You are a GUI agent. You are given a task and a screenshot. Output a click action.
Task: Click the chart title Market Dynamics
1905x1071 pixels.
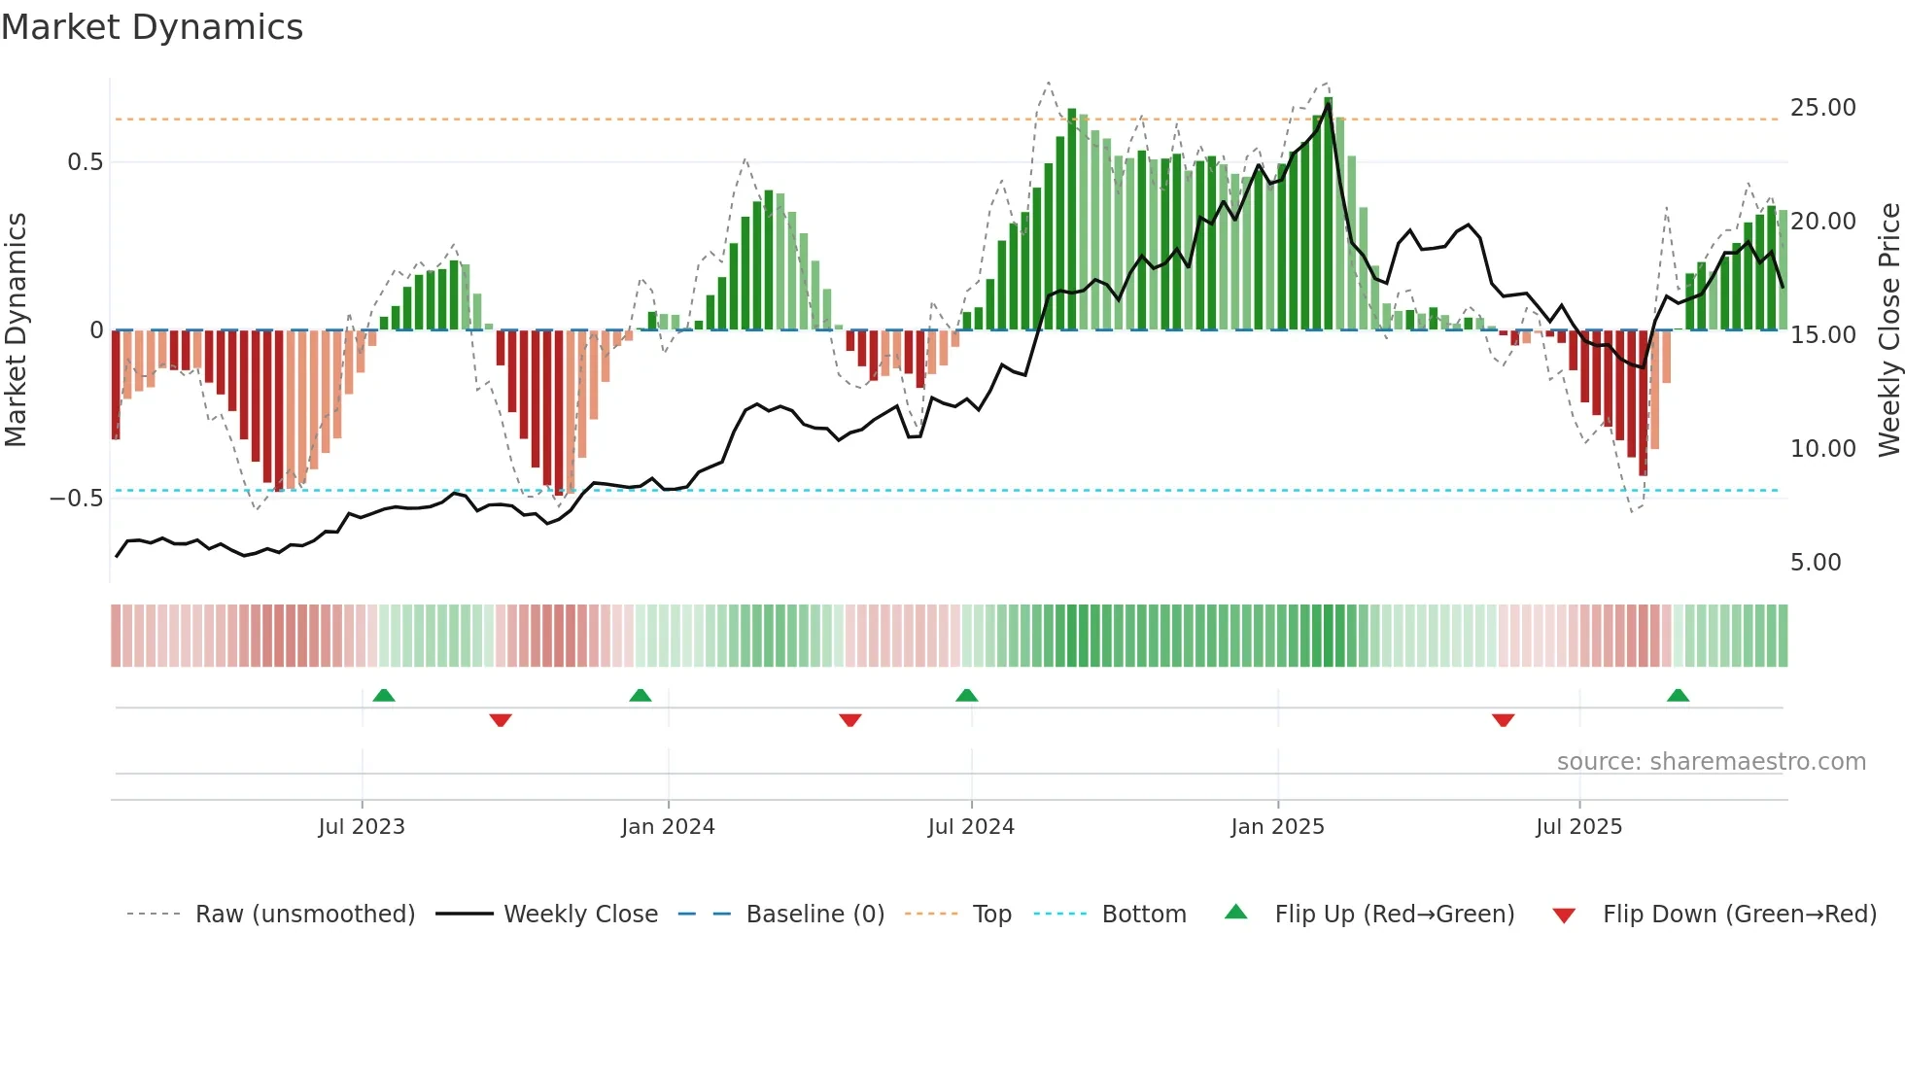(153, 27)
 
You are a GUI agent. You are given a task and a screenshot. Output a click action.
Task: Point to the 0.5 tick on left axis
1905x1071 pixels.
(85, 162)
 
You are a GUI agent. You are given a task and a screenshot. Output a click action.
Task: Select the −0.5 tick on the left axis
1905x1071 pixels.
(77, 499)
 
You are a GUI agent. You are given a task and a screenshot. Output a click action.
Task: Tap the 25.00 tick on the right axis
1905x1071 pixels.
(1822, 108)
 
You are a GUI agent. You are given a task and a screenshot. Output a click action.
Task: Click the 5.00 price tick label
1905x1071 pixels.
(1815, 563)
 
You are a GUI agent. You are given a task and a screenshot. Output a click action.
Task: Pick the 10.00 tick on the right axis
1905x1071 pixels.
(1822, 449)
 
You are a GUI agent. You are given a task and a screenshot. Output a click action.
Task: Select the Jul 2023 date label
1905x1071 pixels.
(361, 827)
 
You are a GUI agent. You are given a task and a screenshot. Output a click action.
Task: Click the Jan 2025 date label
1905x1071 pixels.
(1276, 827)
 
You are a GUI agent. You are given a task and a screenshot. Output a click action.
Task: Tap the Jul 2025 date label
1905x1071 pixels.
(1578, 827)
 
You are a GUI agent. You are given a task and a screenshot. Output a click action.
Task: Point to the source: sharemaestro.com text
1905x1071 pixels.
(1711, 762)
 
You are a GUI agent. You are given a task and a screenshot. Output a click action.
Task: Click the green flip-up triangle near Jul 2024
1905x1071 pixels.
(966, 696)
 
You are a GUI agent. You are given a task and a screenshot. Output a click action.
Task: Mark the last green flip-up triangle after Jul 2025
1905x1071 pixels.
(1678, 696)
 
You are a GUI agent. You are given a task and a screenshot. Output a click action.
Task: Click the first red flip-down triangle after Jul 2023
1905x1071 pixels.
(501, 719)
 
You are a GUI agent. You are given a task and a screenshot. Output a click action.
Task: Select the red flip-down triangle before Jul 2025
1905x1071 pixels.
(1503, 719)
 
